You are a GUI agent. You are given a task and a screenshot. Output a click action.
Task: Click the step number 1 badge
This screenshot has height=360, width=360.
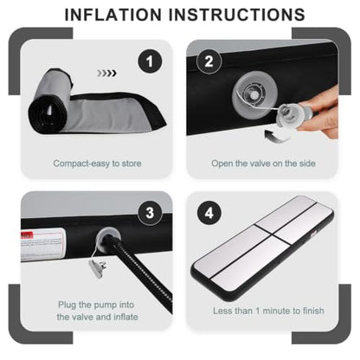pyautogui.click(x=150, y=61)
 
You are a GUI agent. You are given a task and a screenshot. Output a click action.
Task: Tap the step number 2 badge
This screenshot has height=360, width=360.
pyautogui.click(x=209, y=61)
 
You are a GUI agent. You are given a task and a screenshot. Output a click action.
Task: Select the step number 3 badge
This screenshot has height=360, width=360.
pyautogui.click(x=150, y=213)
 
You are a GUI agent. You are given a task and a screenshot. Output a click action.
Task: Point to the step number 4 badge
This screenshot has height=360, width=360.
pyautogui.click(x=209, y=213)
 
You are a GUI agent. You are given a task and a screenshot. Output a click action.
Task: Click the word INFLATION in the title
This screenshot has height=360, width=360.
pyautogui.click(x=113, y=15)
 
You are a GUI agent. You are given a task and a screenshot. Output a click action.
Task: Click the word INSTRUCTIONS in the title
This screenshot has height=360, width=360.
pyautogui.click(x=237, y=15)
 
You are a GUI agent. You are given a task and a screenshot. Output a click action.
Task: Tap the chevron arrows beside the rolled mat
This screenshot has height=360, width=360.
pyautogui.click(x=106, y=74)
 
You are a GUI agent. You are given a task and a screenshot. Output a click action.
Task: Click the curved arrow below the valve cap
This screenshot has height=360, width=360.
pyautogui.click(x=278, y=136)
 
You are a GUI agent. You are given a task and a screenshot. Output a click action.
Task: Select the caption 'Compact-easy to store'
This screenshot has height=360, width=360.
pyautogui.click(x=97, y=164)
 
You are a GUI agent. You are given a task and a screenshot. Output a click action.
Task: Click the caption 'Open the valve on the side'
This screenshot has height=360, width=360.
pyautogui.click(x=263, y=164)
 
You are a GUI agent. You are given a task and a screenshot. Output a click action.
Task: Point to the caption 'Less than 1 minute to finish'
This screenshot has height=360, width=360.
pyautogui.click(x=268, y=311)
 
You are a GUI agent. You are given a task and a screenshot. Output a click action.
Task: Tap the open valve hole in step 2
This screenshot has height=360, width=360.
pyautogui.click(x=254, y=94)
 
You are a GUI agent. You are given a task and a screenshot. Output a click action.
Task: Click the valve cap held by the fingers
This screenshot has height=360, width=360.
pyautogui.click(x=289, y=117)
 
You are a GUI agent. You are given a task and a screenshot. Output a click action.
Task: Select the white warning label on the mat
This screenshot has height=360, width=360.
pyautogui.click(x=42, y=244)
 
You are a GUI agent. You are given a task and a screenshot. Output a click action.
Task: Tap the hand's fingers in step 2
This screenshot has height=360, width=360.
pyautogui.click(x=318, y=114)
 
